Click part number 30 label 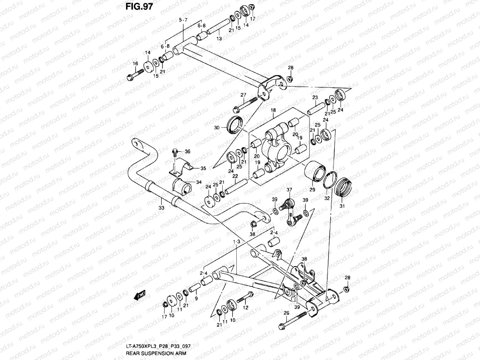click(x=217, y=127)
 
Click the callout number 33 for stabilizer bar click(x=161, y=208)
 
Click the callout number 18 click(x=273, y=111)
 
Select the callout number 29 click(x=312, y=190)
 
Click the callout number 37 click(x=289, y=190)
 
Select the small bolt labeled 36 click(x=175, y=152)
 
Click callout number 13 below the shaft click(x=219, y=38)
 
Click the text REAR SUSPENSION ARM click(x=156, y=353)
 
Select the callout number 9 click(x=196, y=298)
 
